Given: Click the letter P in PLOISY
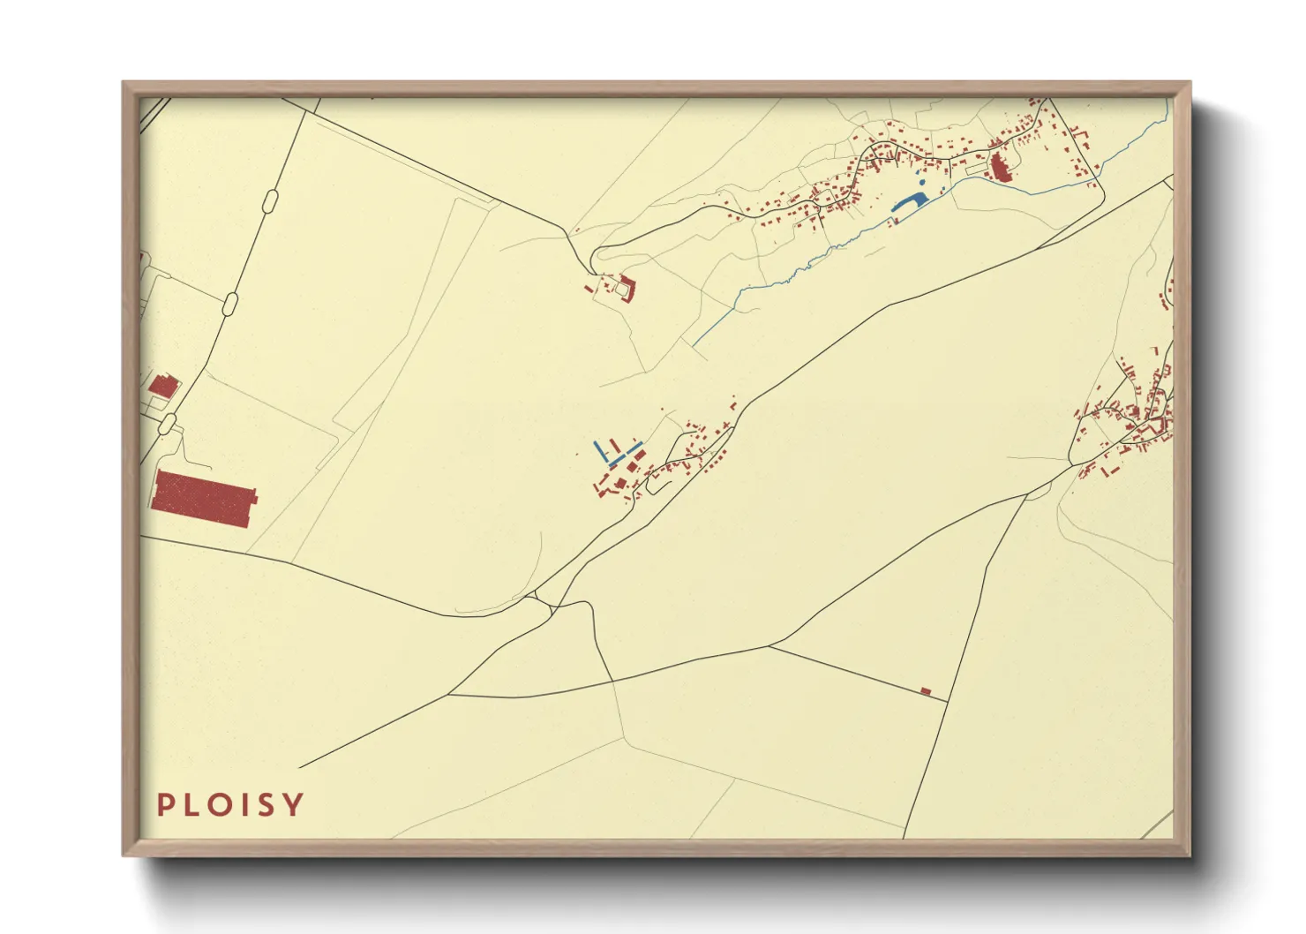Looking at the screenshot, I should pyautogui.click(x=165, y=804).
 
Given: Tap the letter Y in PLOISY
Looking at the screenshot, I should pyautogui.click(x=295, y=804).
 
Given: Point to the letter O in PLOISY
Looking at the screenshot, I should pyautogui.click(x=216, y=804).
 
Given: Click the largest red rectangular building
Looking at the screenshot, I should pyautogui.click(x=203, y=499).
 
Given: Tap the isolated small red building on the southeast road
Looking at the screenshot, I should pyautogui.click(x=926, y=691).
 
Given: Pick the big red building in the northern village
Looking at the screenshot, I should pyautogui.click(x=1000, y=167).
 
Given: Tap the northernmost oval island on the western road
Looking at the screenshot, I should pyautogui.click(x=272, y=202).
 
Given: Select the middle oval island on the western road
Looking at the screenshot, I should pyautogui.click(x=231, y=303).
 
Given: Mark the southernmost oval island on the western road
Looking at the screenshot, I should pyautogui.click(x=168, y=424).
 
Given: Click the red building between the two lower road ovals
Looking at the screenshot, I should pyautogui.click(x=163, y=386).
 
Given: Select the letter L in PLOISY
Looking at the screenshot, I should pyautogui.click(x=190, y=804).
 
